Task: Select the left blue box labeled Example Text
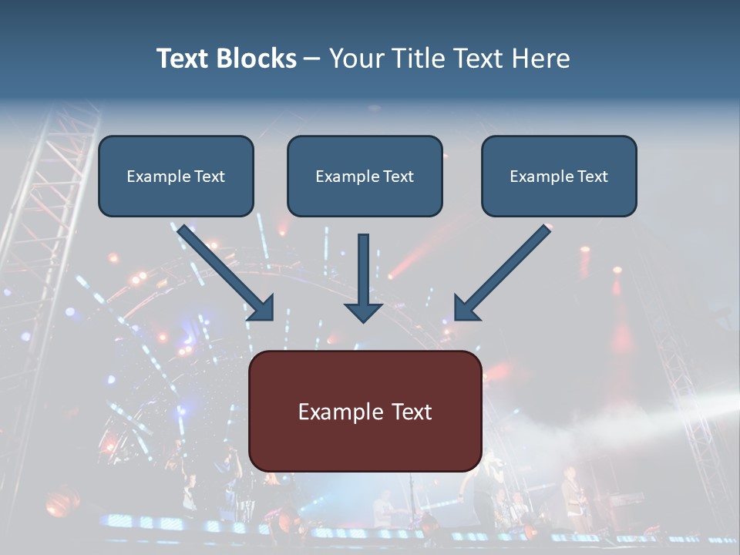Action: tap(176, 176)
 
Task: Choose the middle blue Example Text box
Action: tap(365, 176)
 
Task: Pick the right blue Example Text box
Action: tap(559, 176)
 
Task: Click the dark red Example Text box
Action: tap(365, 411)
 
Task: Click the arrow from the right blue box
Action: tap(505, 270)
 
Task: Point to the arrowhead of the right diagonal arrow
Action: tap(466, 308)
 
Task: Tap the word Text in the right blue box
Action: tap(593, 177)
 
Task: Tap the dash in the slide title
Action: tap(312, 59)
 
